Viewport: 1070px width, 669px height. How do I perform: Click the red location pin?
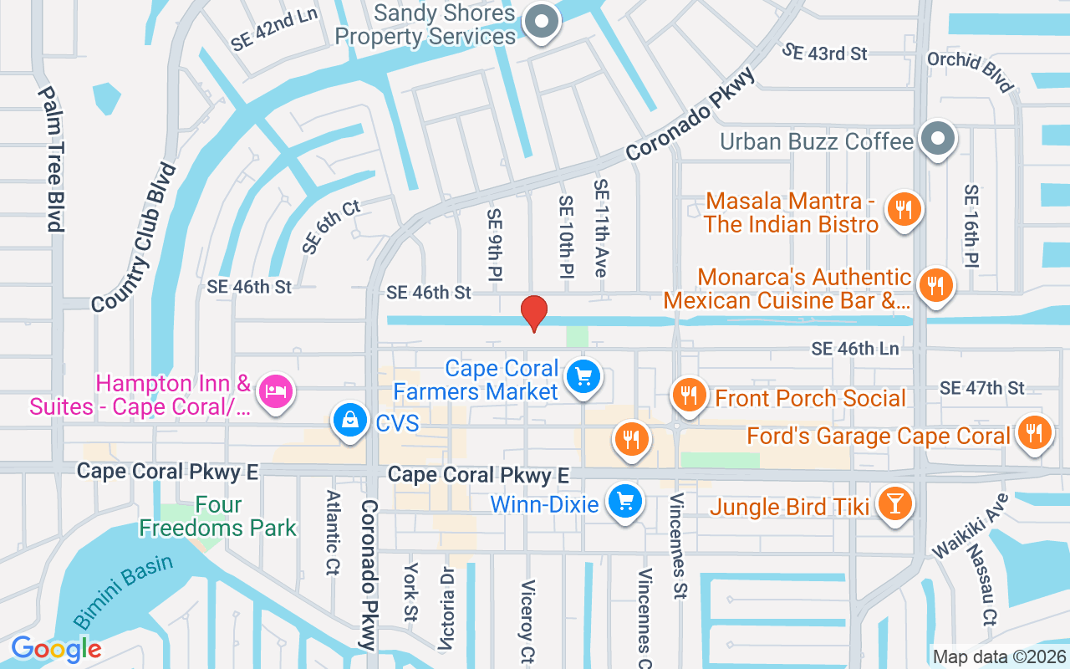click(x=534, y=313)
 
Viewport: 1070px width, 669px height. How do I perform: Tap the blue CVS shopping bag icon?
click(x=349, y=421)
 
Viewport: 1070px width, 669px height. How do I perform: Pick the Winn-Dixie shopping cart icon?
click(x=624, y=503)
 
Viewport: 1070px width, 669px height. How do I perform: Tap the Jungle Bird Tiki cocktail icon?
click(x=894, y=504)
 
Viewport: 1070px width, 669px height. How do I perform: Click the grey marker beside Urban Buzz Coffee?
click(x=938, y=139)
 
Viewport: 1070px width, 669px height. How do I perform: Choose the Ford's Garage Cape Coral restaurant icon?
click(x=1035, y=433)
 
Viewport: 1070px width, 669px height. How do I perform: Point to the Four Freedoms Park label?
click(x=218, y=517)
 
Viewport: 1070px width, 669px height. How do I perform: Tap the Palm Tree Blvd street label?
click(x=51, y=159)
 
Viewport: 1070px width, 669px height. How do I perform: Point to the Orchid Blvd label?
click(x=971, y=72)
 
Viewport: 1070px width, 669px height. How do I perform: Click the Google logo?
click(x=56, y=649)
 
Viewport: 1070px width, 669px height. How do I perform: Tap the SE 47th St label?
click(x=981, y=388)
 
